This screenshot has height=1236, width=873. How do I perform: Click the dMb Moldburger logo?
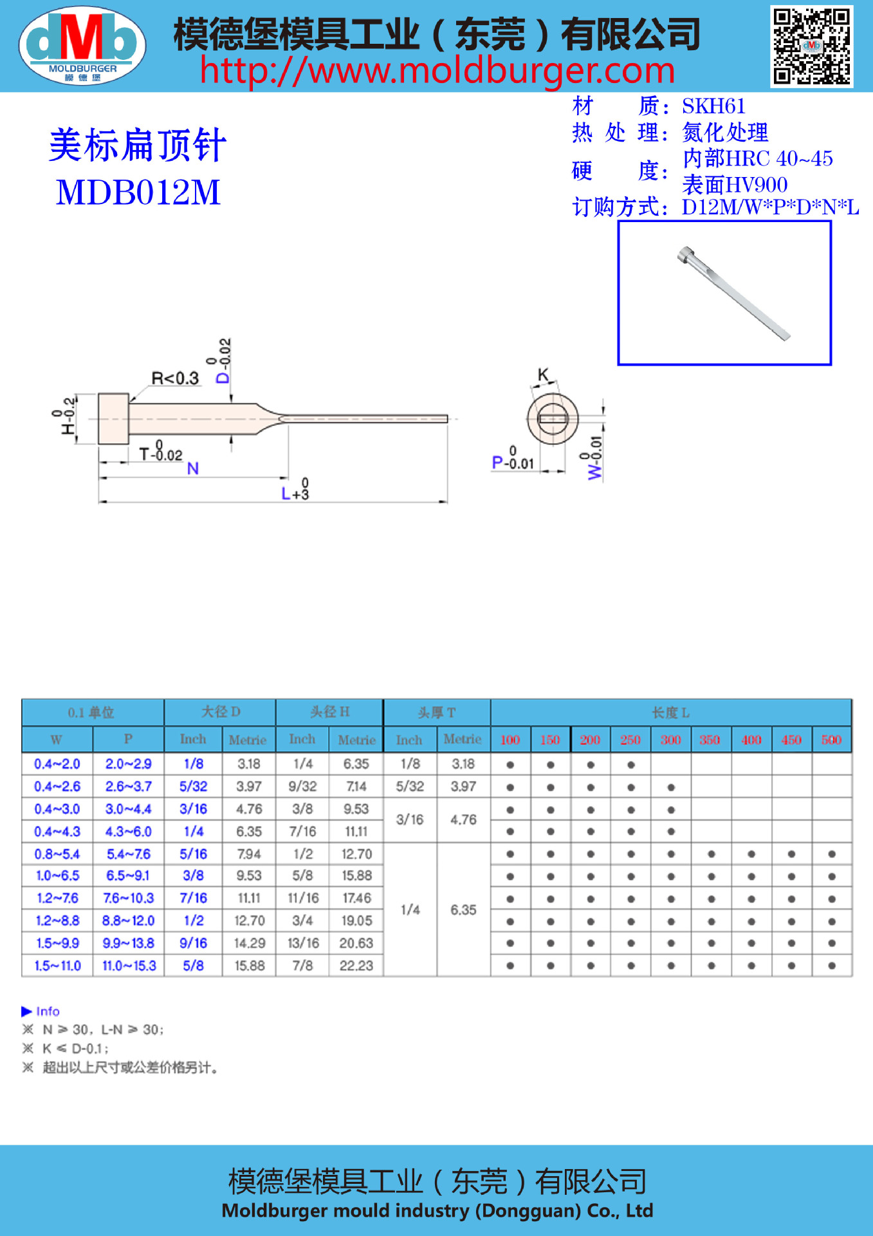[82, 45]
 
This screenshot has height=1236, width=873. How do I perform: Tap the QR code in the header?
[812, 46]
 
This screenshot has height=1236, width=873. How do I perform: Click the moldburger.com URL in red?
[437, 71]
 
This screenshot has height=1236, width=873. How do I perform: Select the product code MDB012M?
[138, 192]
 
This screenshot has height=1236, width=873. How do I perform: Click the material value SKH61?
[713, 106]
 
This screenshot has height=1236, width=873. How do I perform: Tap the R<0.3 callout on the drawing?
[175, 379]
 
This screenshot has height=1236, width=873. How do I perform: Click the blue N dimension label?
[192, 469]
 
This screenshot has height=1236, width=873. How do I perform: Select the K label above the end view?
[544, 375]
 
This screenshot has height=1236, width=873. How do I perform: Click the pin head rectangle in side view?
[113, 418]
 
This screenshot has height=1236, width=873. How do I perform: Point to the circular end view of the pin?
[553, 418]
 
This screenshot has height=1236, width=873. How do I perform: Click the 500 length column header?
[831, 740]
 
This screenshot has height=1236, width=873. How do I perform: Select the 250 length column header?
[630, 740]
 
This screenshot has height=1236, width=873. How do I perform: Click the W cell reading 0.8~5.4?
[57, 854]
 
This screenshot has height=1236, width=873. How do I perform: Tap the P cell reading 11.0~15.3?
[129, 966]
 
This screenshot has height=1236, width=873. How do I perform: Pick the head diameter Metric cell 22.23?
[356, 966]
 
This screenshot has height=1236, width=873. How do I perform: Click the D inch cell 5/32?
[193, 787]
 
